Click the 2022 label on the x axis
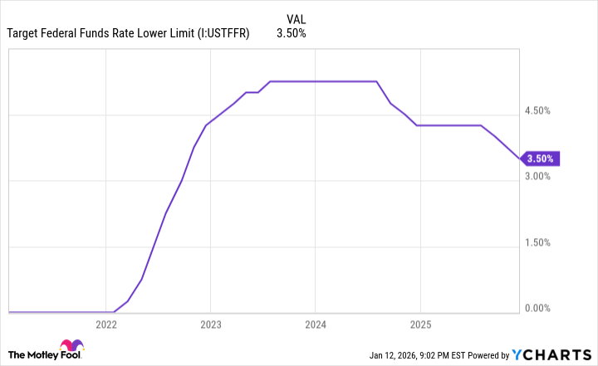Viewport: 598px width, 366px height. [x=106, y=324]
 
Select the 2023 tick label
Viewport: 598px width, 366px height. [x=210, y=324]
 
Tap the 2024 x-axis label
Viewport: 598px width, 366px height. [x=315, y=324]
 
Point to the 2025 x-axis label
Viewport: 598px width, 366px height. [x=419, y=324]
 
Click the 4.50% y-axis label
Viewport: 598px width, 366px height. [x=539, y=110]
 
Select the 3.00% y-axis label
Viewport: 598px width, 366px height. [x=539, y=177]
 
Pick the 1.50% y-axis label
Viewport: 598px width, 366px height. [x=539, y=242]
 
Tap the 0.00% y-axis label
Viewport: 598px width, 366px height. [x=539, y=309]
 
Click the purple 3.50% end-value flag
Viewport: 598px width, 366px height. [x=542, y=159]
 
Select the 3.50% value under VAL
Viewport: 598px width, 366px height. [x=292, y=34]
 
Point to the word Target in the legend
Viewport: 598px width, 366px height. [x=24, y=34]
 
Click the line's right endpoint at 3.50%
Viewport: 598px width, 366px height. [x=520, y=159]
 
